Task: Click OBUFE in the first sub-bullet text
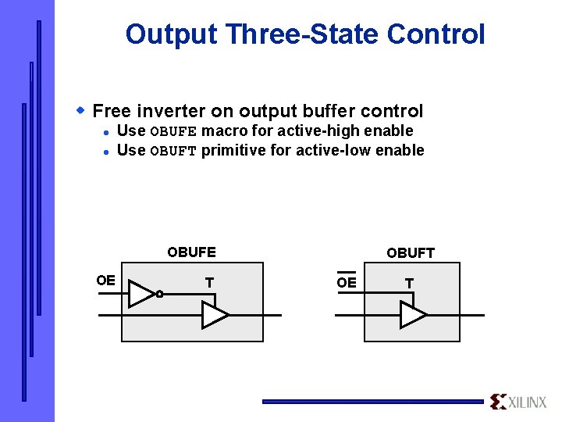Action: pyautogui.click(x=173, y=131)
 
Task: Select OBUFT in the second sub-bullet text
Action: pyautogui.click(x=173, y=151)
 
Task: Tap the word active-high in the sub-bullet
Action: pyautogui.click(x=308, y=131)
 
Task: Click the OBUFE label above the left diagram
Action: pyautogui.click(x=191, y=252)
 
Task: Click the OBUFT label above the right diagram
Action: pyautogui.click(x=411, y=252)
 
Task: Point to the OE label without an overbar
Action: pyautogui.click(x=105, y=281)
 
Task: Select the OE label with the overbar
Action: pyautogui.click(x=347, y=282)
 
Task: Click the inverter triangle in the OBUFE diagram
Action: pyautogui.click(x=141, y=294)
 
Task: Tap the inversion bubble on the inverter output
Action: pyautogui.click(x=158, y=295)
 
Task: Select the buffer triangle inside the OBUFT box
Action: pyautogui.click(x=413, y=315)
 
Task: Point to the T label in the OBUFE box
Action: pyautogui.click(x=209, y=282)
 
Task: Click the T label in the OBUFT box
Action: pyautogui.click(x=409, y=283)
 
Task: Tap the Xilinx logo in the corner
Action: pyautogui.click(x=518, y=402)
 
